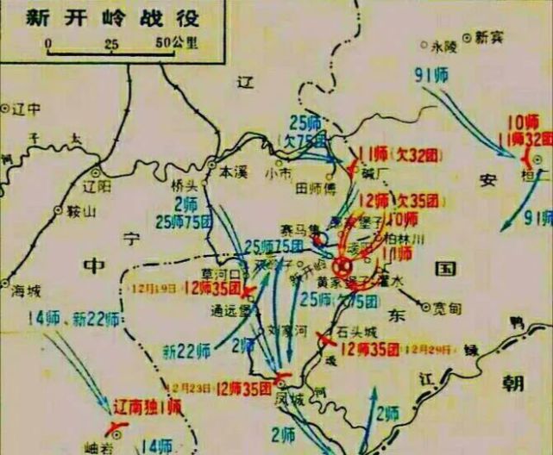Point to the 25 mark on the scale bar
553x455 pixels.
110,42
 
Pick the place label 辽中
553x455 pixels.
28,109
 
